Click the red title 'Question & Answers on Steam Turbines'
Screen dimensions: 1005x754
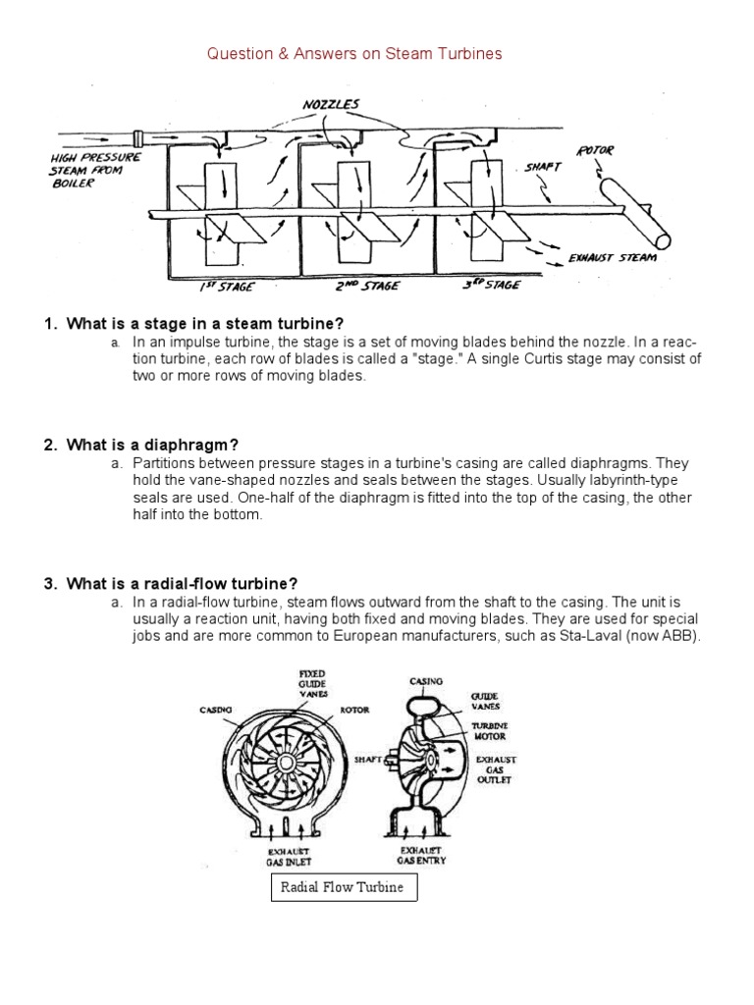354,55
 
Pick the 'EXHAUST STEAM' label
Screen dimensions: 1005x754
612,259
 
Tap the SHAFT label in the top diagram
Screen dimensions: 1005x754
542,168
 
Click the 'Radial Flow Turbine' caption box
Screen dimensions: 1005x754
343,889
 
